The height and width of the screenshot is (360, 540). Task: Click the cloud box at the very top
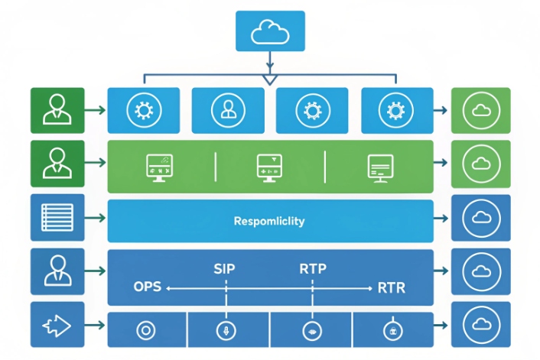click(x=270, y=31)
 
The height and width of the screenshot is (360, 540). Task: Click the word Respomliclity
click(x=269, y=222)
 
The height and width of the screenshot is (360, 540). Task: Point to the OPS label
click(x=148, y=288)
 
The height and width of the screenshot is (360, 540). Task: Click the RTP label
click(x=313, y=269)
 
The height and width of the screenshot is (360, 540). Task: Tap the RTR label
click(x=392, y=288)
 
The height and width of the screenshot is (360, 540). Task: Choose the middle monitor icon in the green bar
click(x=270, y=166)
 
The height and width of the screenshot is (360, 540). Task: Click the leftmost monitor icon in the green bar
click(x=159, y=166)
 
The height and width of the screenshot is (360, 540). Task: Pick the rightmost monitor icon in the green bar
click(x=379, y=166)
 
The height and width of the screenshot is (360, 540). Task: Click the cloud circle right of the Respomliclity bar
click(x=481, y=219)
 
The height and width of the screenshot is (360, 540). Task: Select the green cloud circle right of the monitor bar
click(x=481, y=164)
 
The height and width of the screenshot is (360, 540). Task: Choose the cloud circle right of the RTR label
click(x=481, y=272)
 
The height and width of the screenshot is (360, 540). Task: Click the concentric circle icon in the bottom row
click(x=145, y=330)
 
